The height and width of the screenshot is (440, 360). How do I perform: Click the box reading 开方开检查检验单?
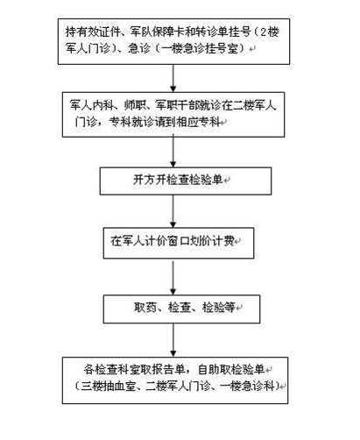pyautogui.click(x=186, y=181)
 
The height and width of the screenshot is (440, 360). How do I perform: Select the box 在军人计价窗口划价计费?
pyautogui.click(x=179, y=243)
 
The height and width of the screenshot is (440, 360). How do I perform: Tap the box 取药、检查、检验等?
pyautogui.click(x=181, y=309)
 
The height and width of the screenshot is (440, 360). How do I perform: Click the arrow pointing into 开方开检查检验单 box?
pyautogui.click(x=173, y=152)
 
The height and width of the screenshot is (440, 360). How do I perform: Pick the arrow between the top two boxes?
pyautogui.click(x=173, y=78)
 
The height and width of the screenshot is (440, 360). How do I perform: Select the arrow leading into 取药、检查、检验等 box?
pyautogui.click(x=173, y=277)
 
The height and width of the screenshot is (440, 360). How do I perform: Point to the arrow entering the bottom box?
pyautogui.click(x=173, y=340)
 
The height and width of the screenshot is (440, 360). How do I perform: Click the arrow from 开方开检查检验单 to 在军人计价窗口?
pyautogui.click(x=173, y=211)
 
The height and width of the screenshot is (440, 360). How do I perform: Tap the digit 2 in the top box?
pyautogui.click(x=264, y=32)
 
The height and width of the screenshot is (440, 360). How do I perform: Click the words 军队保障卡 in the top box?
pyautogui.click(x=158, y=32)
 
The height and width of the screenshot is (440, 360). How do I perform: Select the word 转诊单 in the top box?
pyautogui.click(x=212, y=32)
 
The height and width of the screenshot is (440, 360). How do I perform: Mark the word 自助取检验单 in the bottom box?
pyautogui.click(x=231, y=369)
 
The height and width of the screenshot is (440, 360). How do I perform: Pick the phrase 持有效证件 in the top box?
pyautogui.click(x=93, y=32)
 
